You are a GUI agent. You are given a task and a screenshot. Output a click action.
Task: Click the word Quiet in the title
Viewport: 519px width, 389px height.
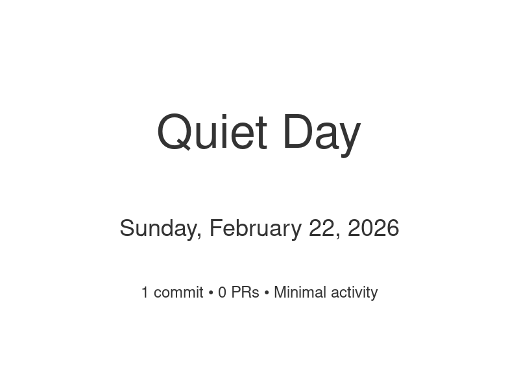[x=211, y=132]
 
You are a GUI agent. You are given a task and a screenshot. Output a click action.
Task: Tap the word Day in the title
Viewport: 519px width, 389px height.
[x=321, y=132]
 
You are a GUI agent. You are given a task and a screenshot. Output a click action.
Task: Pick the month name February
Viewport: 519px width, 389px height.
[x=256, y=228]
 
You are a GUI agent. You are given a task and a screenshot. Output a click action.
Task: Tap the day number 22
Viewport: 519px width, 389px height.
[x=322, y=228]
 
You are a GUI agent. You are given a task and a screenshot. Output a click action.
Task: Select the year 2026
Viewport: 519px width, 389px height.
[x=374, y=228]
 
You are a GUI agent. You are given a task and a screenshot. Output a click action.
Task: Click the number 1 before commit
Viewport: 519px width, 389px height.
[x=145, y=292]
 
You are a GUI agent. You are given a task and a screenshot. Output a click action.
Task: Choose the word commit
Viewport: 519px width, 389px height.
[x=178, y=292]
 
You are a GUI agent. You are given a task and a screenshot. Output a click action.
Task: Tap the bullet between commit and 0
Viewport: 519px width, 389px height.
[x=211, y=293]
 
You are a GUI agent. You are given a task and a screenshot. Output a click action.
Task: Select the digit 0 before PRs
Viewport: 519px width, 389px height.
[x=223, y=292]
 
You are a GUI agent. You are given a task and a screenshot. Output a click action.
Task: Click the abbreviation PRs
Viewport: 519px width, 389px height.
[x=245, y=292]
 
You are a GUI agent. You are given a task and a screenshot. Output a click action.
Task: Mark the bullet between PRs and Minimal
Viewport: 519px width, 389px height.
[x=267, y=293]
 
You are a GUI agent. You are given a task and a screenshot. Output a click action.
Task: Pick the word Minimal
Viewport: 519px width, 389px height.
[x=300, y=292]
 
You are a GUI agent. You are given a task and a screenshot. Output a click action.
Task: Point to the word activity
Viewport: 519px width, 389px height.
[x=354, y=292]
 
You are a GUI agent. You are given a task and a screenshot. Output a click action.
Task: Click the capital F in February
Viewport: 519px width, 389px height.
[x=215, y=228]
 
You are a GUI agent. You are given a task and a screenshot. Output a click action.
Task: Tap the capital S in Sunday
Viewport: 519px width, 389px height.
[x=127, y=228]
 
